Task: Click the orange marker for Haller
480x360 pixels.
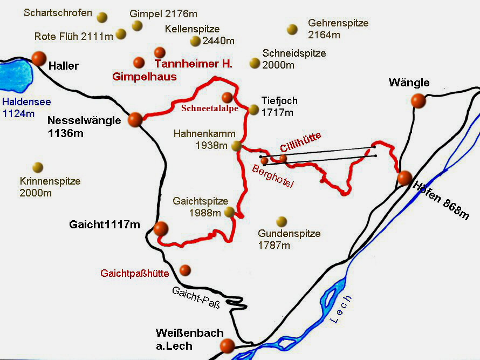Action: [x=39, y=58]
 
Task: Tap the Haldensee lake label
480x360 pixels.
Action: [x=19, y=101]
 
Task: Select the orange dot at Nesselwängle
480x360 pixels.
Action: [x=135, y=119]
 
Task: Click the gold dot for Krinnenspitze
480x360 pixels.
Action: [x=38, y=167]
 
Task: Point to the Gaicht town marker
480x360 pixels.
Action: [x=161, y=228]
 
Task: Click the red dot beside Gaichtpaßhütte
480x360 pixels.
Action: [x=185, y=270]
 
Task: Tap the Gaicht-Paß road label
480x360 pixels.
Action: [x=196, y=298]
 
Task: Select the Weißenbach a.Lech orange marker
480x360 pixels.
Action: [x=227, y=345]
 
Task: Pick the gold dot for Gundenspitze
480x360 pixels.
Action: [x=281, y=221]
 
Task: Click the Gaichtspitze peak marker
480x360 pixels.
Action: [x=230, y=212]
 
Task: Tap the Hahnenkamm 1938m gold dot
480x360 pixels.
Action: [x=236, y=145]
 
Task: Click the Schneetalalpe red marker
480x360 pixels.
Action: [x=227, y=97]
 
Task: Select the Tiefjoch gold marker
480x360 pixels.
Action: [x=254, y=110]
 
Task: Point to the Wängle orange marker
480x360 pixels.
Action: [x=418, y=100]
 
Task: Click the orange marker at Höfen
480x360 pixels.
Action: [x=404, y=178]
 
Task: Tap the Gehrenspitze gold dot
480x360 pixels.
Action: [x=292, y=29]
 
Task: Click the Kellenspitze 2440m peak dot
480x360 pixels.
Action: [x=195, y=41]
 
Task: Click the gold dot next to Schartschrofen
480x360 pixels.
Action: [x=102, y=17]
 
